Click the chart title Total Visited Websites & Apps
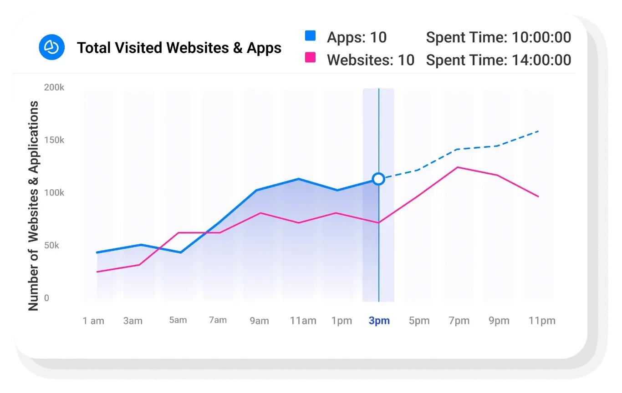[179, 48]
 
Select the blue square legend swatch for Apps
[310, 36]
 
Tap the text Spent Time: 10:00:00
[498, 37]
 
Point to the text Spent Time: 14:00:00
[498, 60]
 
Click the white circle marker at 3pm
[378, 179]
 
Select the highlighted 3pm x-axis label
[379, 321]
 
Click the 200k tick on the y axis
[54, 87]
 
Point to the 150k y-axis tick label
[54, 140]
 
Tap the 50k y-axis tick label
[56, 246]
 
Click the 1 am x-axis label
[93, 321]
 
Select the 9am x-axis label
[259, 321]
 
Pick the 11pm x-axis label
[542, 321]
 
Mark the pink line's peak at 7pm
[458, 167]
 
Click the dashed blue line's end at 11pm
[539, 131]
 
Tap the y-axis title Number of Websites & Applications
[33, 206]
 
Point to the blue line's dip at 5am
[181, 252]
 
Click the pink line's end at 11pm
[539, 196]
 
